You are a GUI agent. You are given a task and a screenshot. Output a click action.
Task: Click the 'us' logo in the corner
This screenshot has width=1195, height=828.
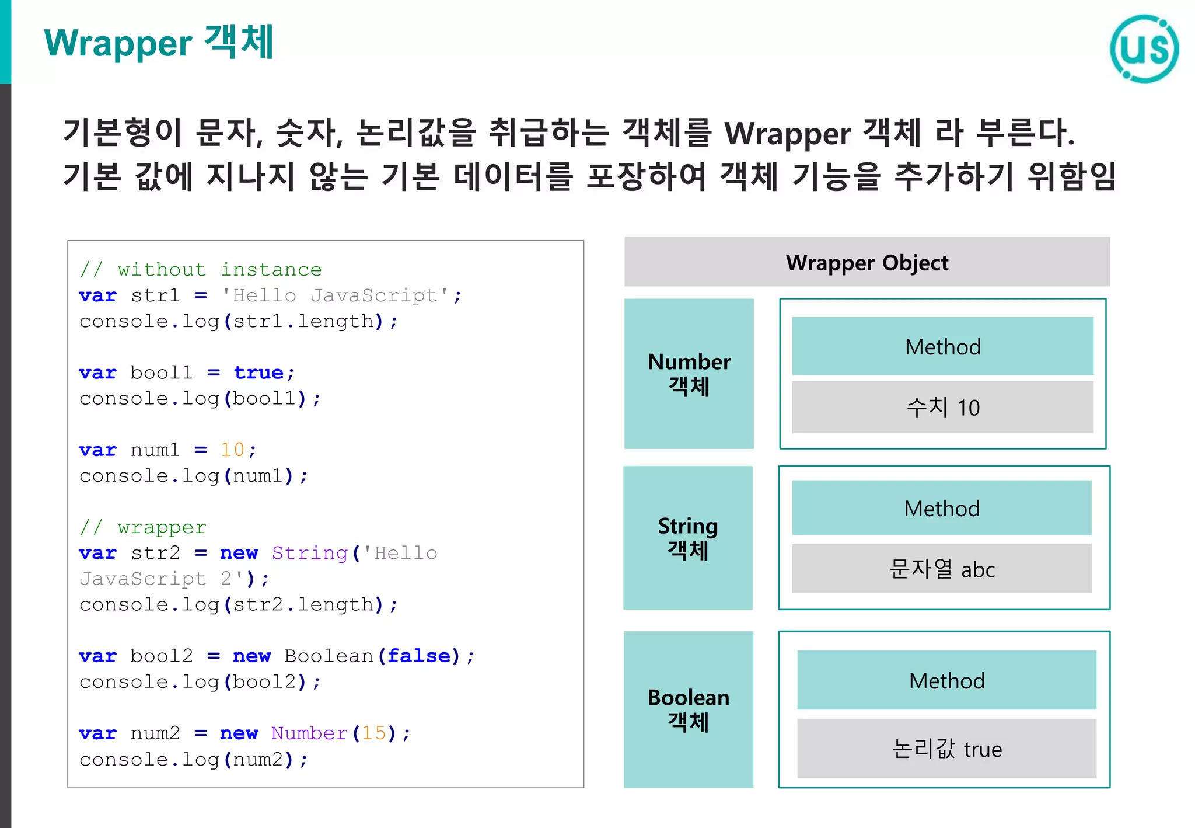[1144, 48]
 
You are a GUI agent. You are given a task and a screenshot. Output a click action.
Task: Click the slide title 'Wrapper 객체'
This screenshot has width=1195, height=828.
[159, 43]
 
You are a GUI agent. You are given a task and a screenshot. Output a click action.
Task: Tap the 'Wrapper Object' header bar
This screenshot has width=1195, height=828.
[866, 262]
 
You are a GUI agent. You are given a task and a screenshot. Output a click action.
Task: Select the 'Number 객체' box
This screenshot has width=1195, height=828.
[689, 374]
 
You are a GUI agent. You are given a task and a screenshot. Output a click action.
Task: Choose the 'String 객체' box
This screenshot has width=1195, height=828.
[687, 538]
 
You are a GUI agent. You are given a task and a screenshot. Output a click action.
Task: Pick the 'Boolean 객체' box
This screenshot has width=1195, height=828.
[688, 709]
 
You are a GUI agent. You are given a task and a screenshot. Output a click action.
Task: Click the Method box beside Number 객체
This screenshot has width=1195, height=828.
[942, 346]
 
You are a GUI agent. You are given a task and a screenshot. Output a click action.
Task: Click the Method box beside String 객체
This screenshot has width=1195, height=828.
[941, 508]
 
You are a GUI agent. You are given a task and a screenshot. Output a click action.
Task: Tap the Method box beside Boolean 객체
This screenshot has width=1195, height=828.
[946, 680]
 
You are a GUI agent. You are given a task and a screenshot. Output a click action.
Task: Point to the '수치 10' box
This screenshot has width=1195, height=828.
[942, 407]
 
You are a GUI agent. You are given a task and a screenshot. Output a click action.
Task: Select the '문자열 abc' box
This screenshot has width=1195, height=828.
[941, 569]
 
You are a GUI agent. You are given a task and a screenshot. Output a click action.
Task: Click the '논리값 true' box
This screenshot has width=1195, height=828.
[946, 748]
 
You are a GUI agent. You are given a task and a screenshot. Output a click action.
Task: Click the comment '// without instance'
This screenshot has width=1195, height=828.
[201, 270]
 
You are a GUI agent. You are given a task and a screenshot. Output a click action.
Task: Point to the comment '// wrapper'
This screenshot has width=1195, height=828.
[144, 527]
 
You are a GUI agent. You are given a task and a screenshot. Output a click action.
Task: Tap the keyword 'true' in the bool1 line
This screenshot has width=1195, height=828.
[258, 373]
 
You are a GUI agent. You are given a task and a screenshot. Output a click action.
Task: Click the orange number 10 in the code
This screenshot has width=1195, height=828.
[232, 450]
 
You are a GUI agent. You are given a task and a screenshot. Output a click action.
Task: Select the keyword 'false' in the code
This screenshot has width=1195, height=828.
[419, 656]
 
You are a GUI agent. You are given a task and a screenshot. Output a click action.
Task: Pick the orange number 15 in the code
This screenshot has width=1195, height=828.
[374, 733]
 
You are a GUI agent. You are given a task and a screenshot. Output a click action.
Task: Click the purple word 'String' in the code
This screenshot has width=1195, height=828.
[309, 553]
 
